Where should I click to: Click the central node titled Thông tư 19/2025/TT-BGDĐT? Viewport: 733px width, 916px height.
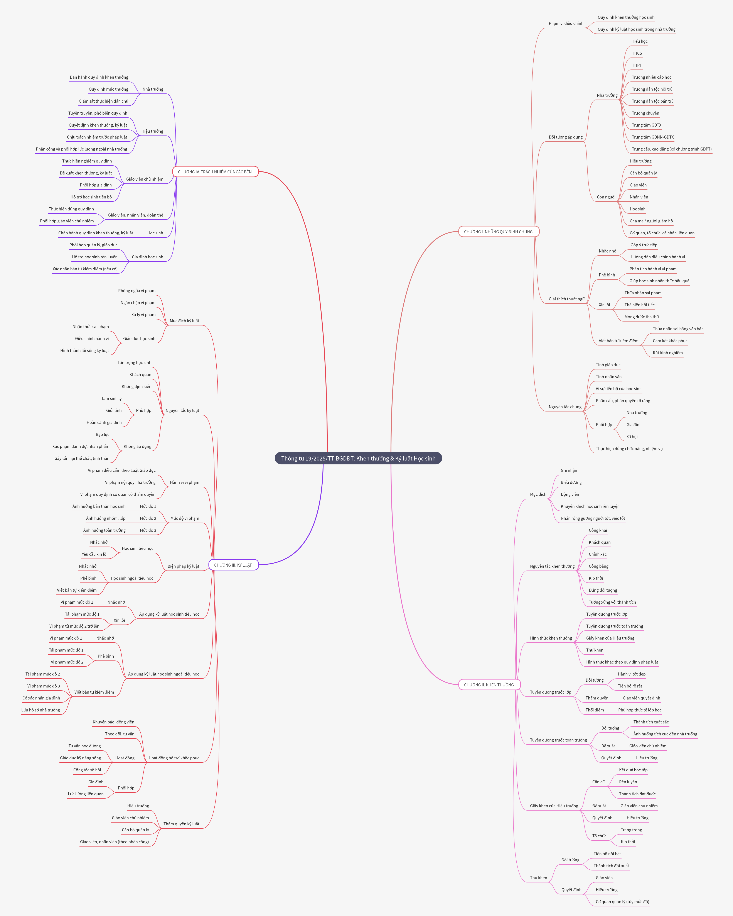(x=358, y=458)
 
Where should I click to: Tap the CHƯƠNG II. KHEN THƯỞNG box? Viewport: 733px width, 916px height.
(x=489, y=684)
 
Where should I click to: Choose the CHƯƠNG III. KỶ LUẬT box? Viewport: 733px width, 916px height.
(x=233, y=565)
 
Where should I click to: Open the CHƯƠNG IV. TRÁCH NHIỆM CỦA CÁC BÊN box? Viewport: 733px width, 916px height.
(x=215, y=172)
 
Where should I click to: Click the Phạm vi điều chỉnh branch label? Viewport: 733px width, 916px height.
(x=566, y=23)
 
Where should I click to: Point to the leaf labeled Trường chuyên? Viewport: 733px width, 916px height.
(x=645, y=113)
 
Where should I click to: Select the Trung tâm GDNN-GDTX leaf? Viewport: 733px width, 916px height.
(x=652, y=137)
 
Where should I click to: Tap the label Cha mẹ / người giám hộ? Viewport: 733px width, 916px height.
(x=651, y=221)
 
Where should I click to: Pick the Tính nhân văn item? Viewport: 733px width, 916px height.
(x=608, y=376)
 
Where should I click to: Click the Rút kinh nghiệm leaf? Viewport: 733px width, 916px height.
(x=668, y=353)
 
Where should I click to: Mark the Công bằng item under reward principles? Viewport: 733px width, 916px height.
(x=598, y=566)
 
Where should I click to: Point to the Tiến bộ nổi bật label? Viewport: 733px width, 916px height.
(x=607, y=853)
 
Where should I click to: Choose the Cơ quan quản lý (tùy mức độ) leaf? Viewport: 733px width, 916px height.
(x=622, y=902)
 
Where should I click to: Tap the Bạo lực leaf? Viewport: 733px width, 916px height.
(x=102, y=434)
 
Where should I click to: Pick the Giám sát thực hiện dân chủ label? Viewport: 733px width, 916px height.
(x=103, y=101)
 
